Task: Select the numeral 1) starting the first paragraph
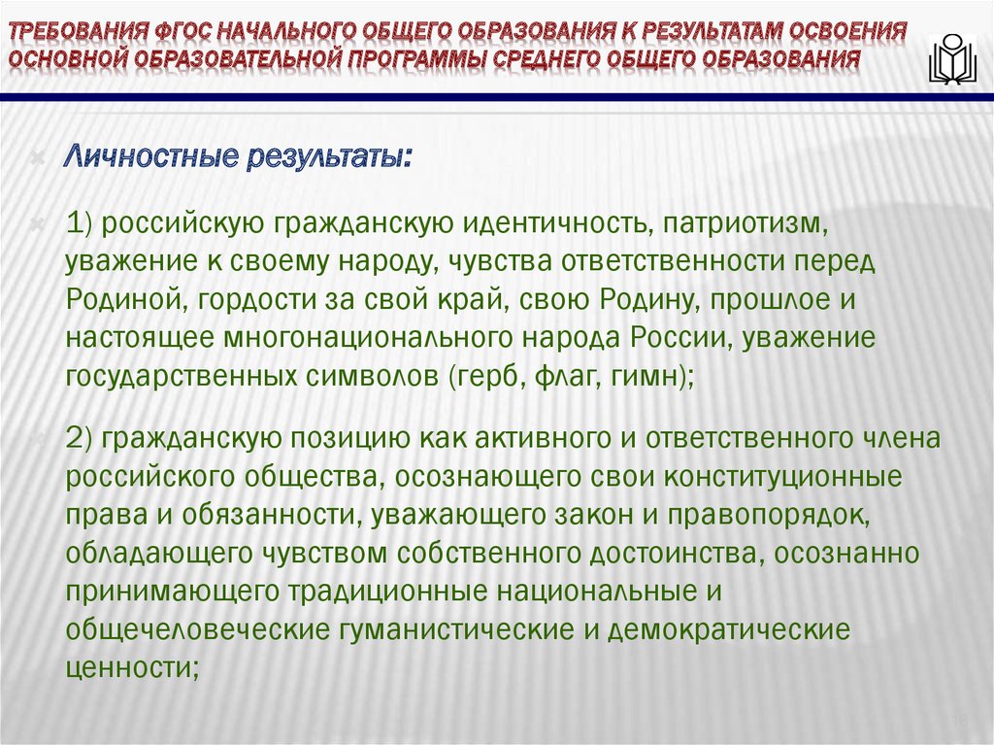pos(79,225)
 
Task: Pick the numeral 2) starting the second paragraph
pos(79,438)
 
